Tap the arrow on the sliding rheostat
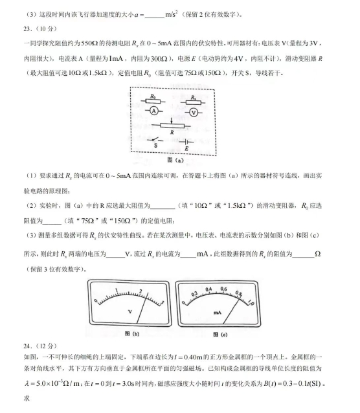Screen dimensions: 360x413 coord(172,121)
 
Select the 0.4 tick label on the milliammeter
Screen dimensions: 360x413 coord(208,289)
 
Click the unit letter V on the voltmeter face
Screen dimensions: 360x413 coord(129,312)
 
